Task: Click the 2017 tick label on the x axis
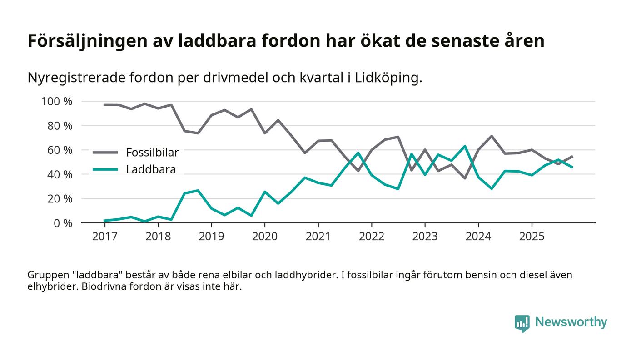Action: click(104, 237)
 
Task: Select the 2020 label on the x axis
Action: click(264, 237)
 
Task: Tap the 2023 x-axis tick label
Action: click(425, 237)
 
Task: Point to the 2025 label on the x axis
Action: click(532, 237)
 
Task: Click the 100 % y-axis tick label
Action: click(56, 101)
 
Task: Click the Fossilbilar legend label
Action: click(152, 153)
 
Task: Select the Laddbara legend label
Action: click(151, 170)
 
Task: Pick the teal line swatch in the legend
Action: click(105, 170)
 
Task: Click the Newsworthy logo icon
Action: click(522, 323)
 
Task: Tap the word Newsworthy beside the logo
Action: click(571, 322)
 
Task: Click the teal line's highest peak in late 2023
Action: click(465, 146)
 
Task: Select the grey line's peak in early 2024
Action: click(492, 136)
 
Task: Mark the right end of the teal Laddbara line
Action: click(572, 167)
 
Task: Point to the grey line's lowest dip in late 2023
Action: click(465, 178)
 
